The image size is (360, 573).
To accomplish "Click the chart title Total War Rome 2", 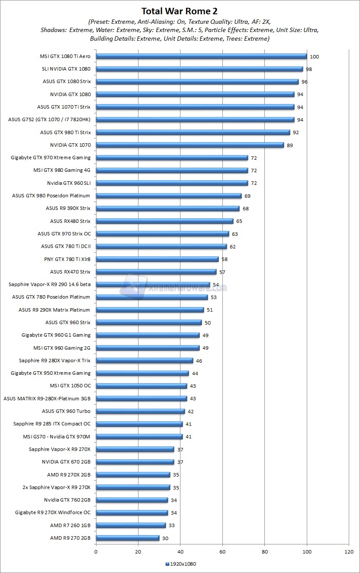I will coord(180,11).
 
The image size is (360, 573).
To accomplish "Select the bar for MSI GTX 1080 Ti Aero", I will coord(201,56).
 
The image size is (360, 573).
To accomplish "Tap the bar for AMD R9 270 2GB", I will coord(128,538).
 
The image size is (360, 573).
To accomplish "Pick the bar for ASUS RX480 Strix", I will coord(164,221).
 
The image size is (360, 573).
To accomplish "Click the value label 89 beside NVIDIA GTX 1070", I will coord(289,145).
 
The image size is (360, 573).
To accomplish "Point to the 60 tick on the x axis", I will coord(222,552).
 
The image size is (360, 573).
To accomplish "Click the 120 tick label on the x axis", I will coord(349,552).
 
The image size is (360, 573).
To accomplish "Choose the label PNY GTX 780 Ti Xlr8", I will coord(66,259).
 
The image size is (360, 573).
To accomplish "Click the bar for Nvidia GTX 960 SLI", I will coord(172,183).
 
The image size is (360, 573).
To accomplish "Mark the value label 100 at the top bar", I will coord(314,57).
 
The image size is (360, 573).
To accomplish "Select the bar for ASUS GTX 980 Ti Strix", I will coord(193,132).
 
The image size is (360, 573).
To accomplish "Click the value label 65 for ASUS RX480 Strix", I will coord(239,222).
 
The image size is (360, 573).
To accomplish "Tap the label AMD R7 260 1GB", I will coord(70,525).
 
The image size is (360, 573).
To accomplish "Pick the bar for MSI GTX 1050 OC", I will coord(141,386).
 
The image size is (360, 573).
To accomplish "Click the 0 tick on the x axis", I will coord(96,552).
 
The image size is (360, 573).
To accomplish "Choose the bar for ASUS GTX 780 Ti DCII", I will coord(161,246).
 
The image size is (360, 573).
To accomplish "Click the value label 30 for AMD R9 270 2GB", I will coord(165,538).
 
